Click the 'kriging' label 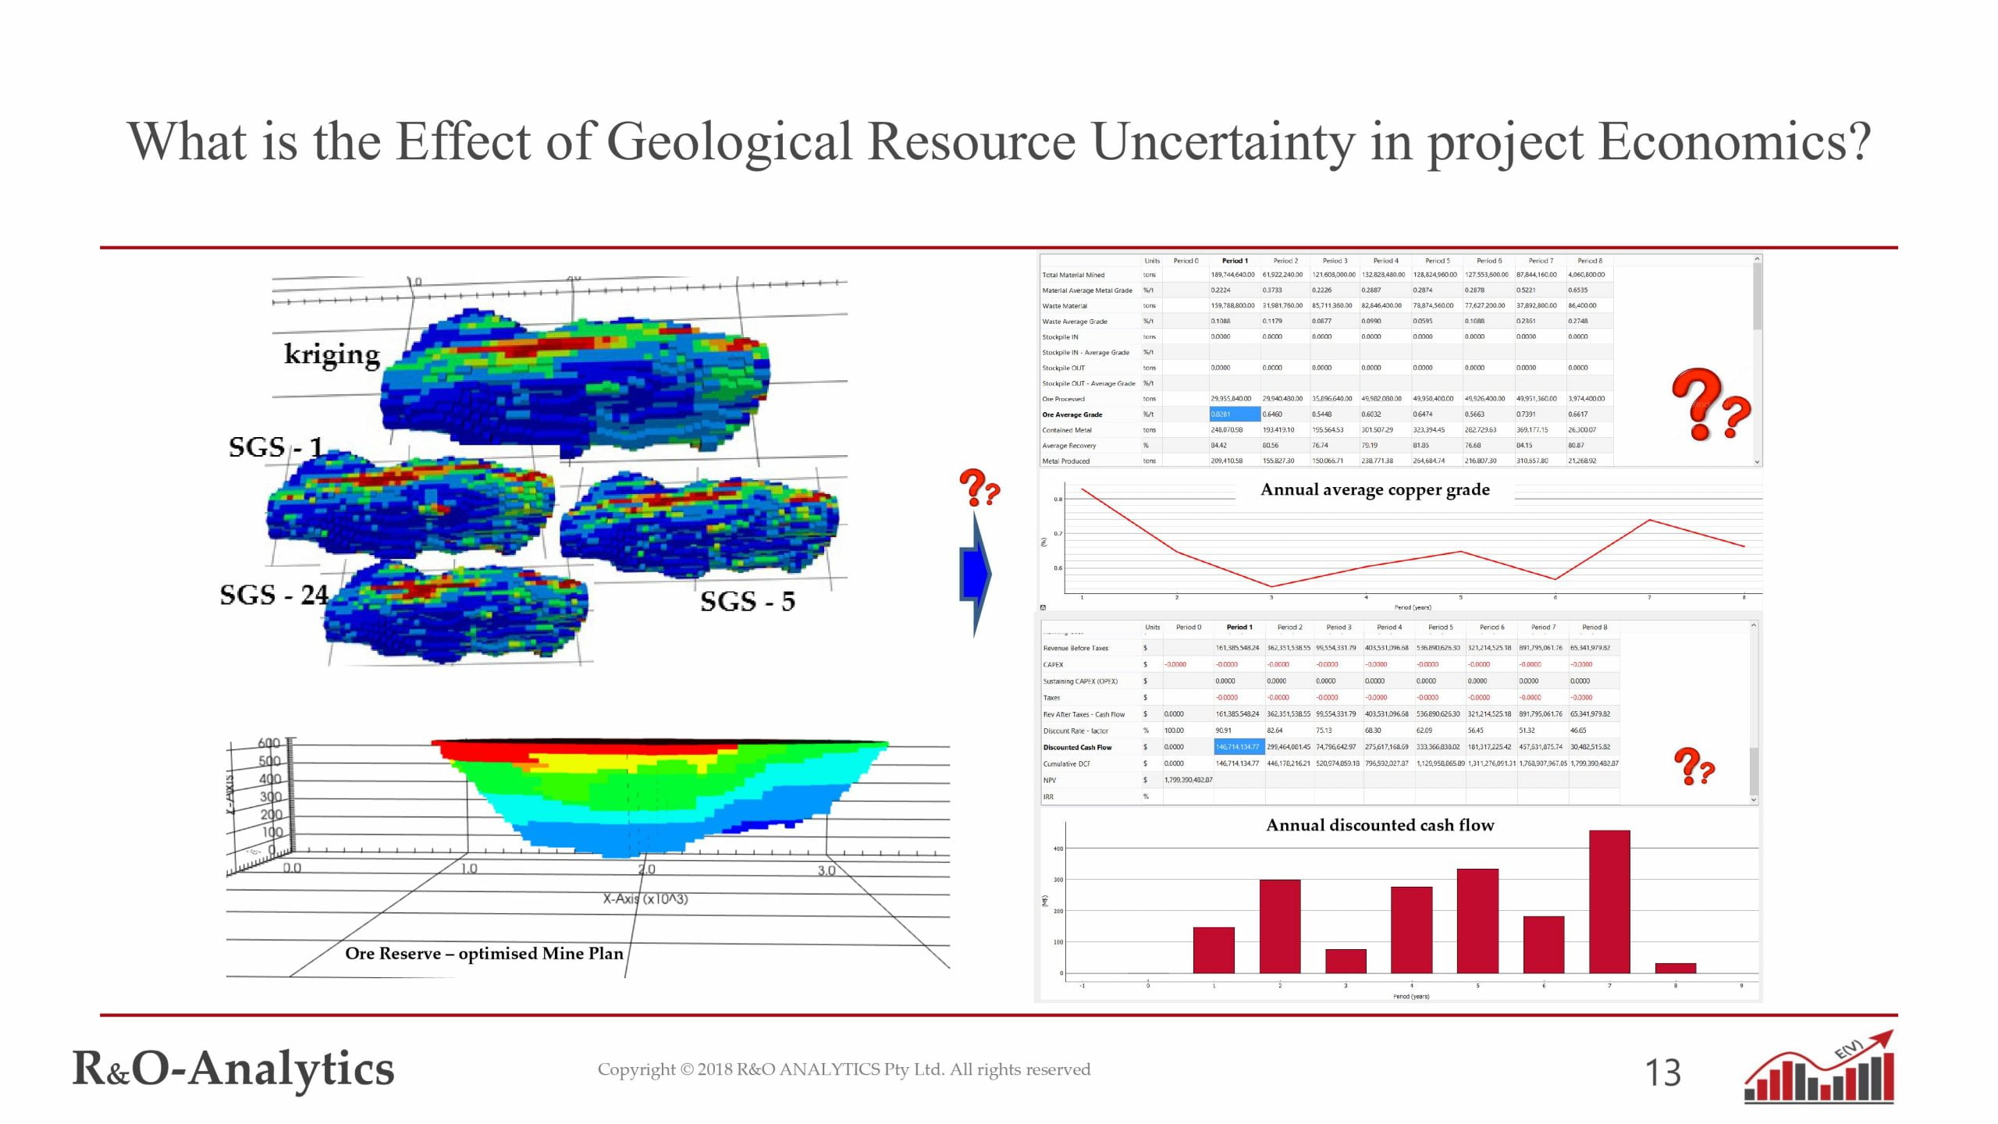click(332, 355)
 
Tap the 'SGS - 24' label click(274, 596)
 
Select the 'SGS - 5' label click(747, 602)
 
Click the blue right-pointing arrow click(976, 574)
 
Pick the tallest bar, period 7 click(1609, 902)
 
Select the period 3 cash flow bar click(1346, 961)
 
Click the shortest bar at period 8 click(1675, 968)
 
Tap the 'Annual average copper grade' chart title click(1375, 490)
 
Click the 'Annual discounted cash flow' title click(1380, 825)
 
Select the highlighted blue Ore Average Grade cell click(1235, 414)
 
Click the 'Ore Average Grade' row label click(1072, 414)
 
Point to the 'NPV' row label click(1050, 780)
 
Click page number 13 click(1662, 1073)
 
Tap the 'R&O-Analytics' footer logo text click(233, 1069)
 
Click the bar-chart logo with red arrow click(1819, 1068)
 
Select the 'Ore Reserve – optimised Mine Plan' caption click(484, 954)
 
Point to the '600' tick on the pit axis click(269, 743)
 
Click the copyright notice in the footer click(844, 1069)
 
